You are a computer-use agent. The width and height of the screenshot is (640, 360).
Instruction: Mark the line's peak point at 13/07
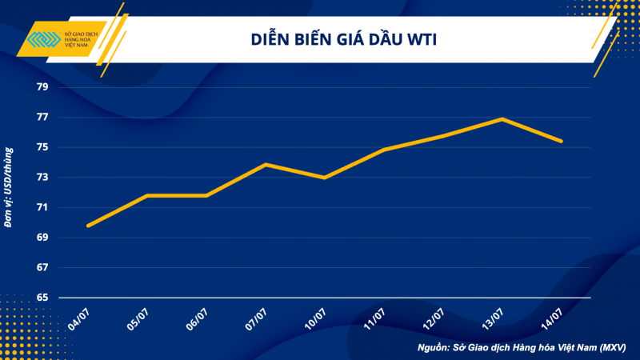point(502,119)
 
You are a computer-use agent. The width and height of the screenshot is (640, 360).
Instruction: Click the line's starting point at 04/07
point(88,226)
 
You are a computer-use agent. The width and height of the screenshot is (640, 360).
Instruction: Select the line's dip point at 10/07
point(324,178)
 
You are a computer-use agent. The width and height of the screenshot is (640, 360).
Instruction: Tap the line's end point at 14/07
point(561,142)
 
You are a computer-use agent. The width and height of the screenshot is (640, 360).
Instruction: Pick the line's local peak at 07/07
point(266,164)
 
